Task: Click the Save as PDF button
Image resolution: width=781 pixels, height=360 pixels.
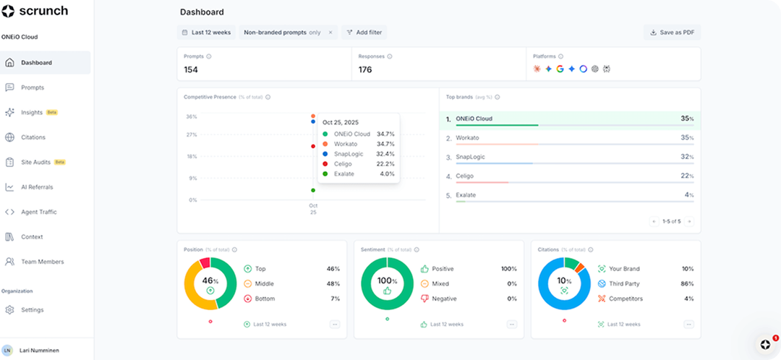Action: (672, 33)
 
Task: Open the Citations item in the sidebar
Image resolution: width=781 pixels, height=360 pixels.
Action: (33, 137)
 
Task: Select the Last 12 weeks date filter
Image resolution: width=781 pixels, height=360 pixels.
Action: (206, 33)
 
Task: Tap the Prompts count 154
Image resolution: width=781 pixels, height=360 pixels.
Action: (191, 70)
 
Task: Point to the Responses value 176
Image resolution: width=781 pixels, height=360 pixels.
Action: (365, 70)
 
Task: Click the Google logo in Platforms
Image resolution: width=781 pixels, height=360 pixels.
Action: (560, 69)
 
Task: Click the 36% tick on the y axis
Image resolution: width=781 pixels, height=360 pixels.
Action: (192, 116)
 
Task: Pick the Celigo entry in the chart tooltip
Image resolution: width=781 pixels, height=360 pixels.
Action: (344, 163)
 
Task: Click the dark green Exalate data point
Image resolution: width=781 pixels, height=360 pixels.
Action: (313, 190)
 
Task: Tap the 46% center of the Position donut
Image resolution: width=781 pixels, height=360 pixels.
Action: (210, 280)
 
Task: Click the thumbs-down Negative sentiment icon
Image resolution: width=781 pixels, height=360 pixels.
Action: (424, 299)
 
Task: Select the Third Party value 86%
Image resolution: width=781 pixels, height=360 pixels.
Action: (687, 284)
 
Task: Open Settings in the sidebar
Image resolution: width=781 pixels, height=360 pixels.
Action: (32, 310)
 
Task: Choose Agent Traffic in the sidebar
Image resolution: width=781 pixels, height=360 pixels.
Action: (38, 212)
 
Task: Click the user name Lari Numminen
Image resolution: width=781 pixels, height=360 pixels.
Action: (40, 350)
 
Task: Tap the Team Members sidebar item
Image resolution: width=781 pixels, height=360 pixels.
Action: (42, 262)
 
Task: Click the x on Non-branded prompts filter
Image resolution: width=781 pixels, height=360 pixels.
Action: (330, 33)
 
